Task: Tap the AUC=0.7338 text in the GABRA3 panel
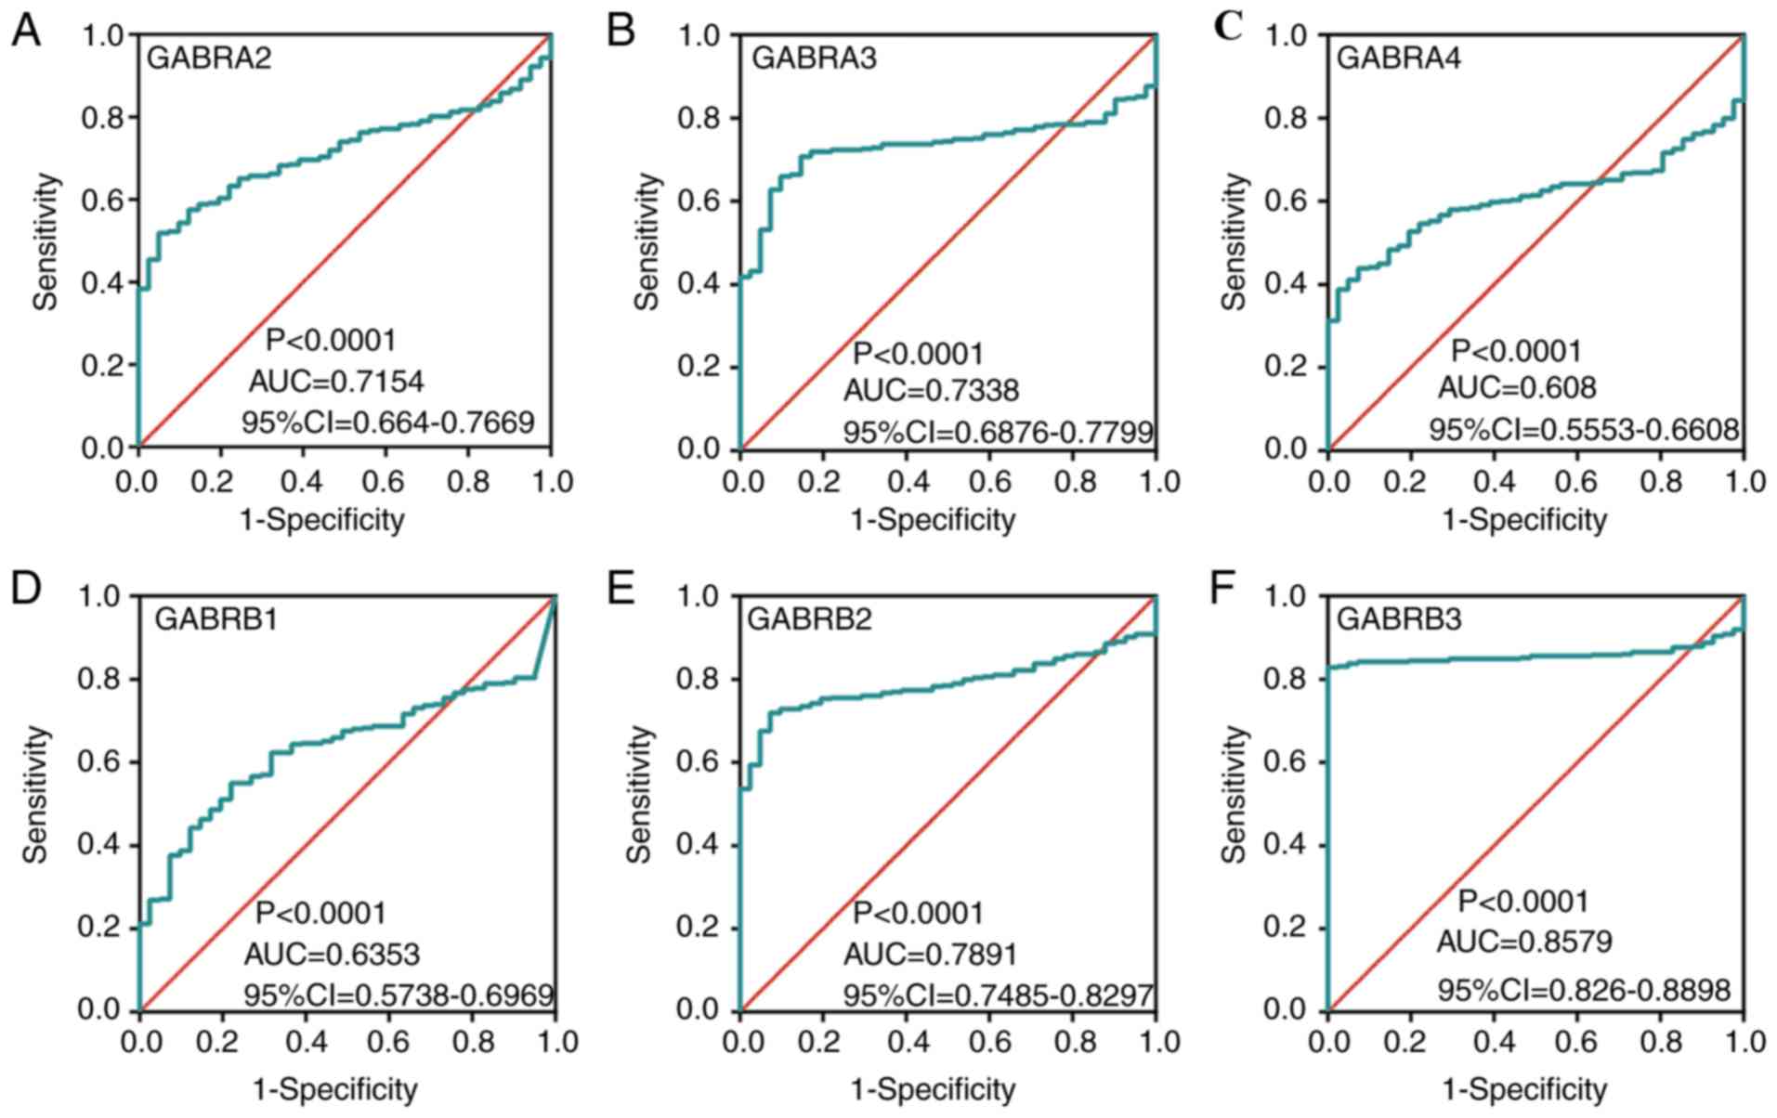(x=931, y=391)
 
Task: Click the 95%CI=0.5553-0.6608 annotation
(x=1583, y=430)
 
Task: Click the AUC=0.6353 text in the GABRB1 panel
(x=332, y=954)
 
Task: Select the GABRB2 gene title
(x=810, y=618)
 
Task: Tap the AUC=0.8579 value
(x=1524, y=942)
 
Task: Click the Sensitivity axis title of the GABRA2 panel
(x=46, y=241)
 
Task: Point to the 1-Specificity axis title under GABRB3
(x=1523, y=1088)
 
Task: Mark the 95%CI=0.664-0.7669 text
(x=388, y=422)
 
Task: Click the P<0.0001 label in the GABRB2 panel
(x=918, y=914)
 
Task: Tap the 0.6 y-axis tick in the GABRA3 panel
(x=698, y=201)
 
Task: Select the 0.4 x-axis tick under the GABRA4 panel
(x=1495, y=481)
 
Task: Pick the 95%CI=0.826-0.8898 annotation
(x=1584, y=990)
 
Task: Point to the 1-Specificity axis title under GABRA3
(x=933, y=520)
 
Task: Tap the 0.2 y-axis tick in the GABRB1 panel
(x=100, y=928)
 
